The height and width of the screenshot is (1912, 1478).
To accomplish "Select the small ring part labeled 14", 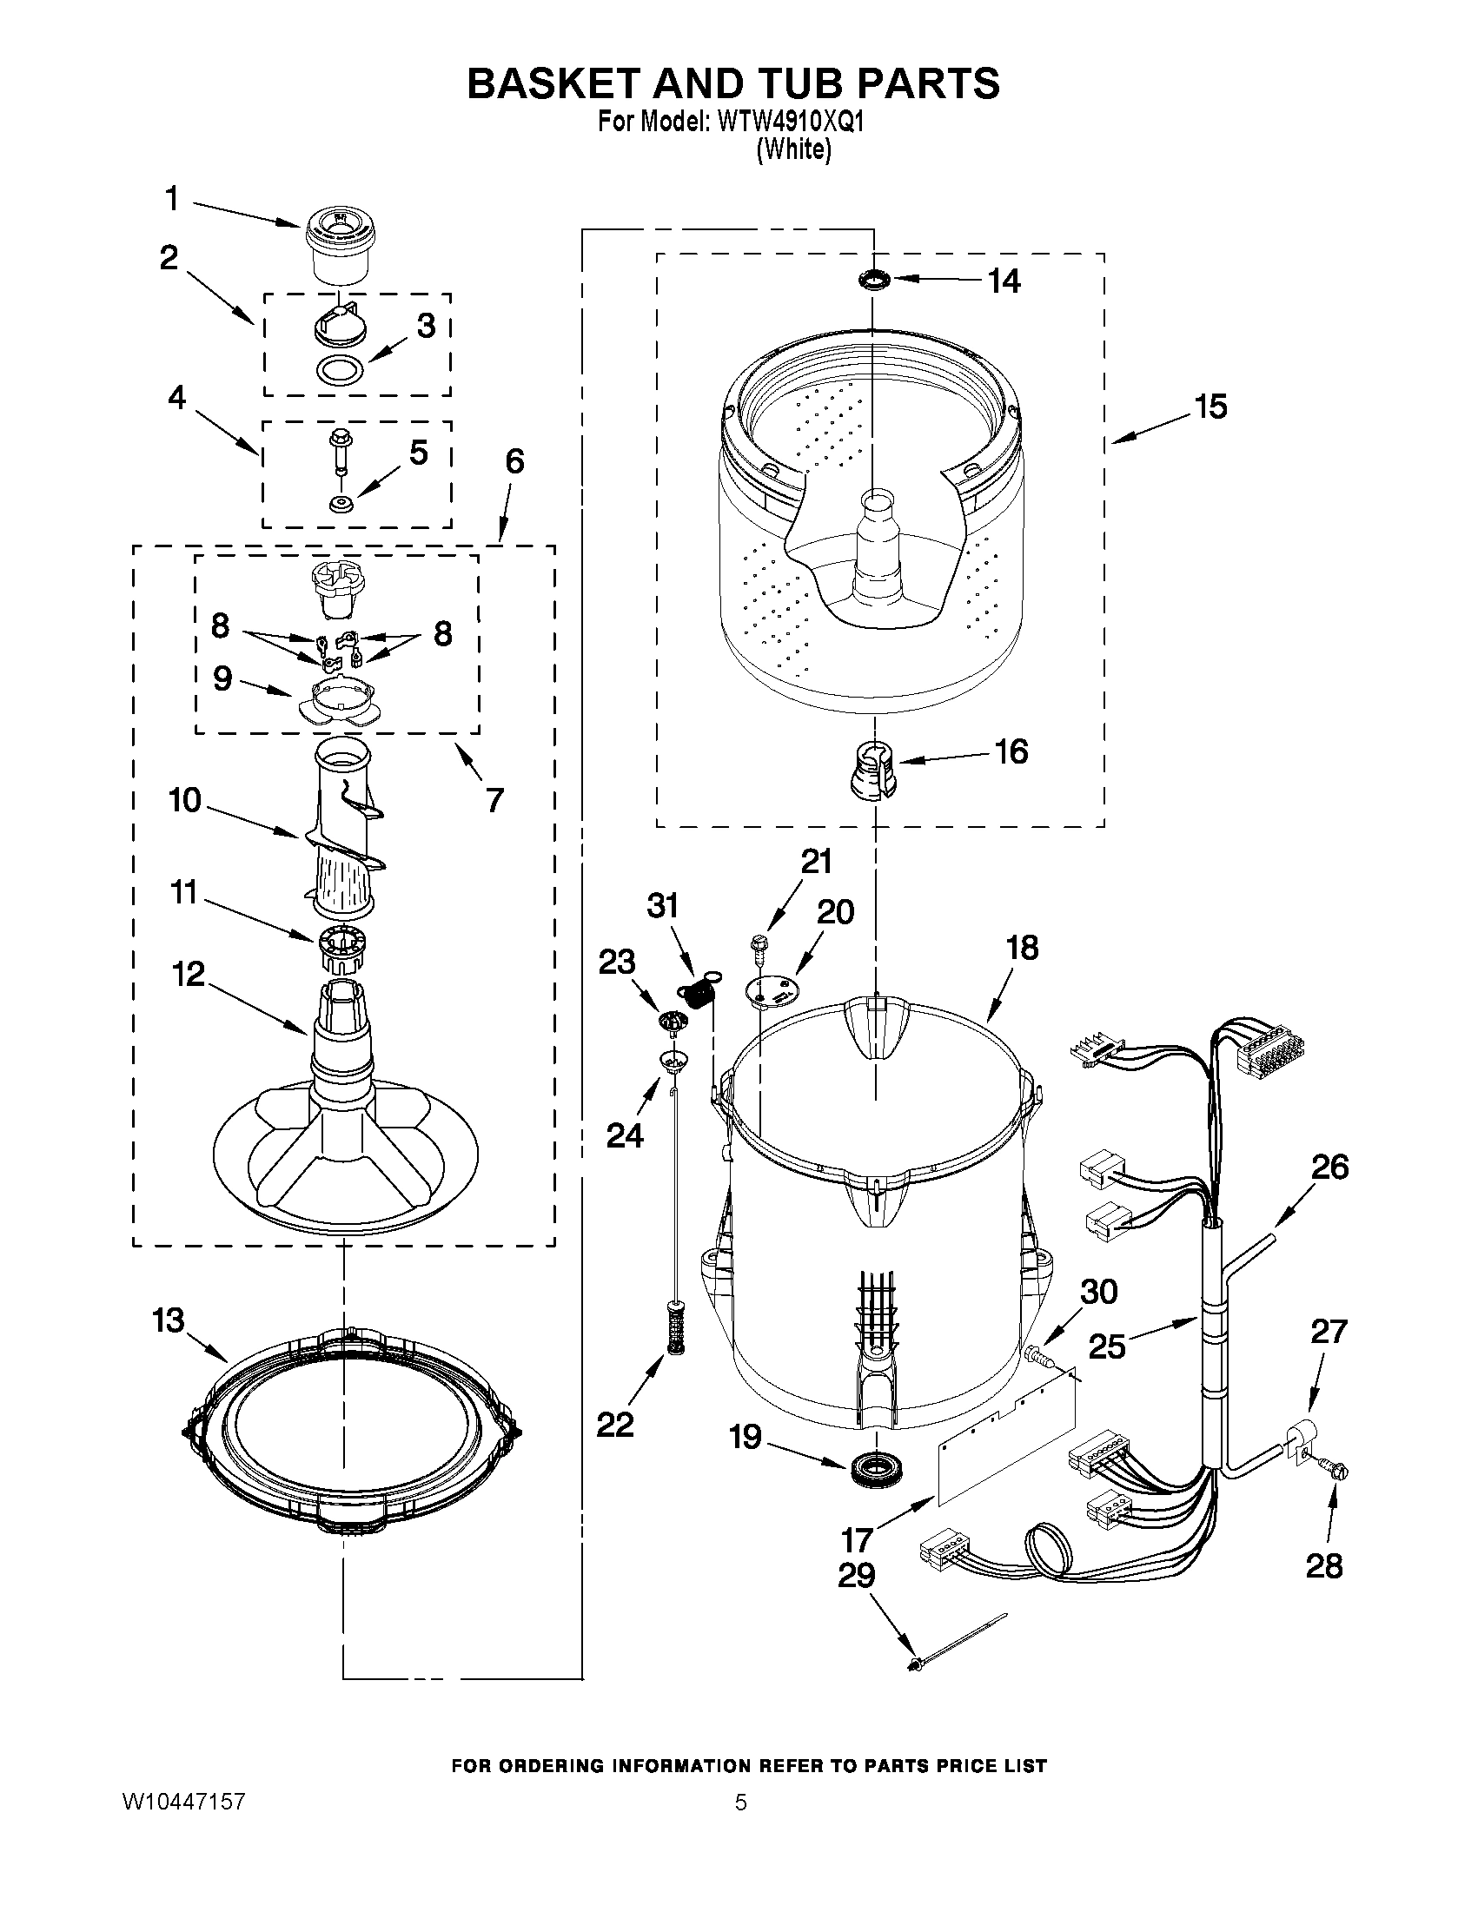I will click(x=874, y=279).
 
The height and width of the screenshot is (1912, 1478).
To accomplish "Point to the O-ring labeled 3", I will click(x=340, y=370).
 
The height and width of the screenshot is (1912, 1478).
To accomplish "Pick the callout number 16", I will click(x=1011, y=751).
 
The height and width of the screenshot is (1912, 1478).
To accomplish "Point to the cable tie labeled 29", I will click(x=958, y=1643).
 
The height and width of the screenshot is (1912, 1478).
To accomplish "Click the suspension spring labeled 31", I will click(x=697, y=993).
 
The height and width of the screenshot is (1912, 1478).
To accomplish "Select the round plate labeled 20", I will click(x=771, y=990).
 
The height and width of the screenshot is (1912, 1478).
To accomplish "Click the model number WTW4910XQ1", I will click(x=790, y=122).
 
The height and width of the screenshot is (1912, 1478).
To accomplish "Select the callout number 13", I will click(x=168, y=1320).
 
